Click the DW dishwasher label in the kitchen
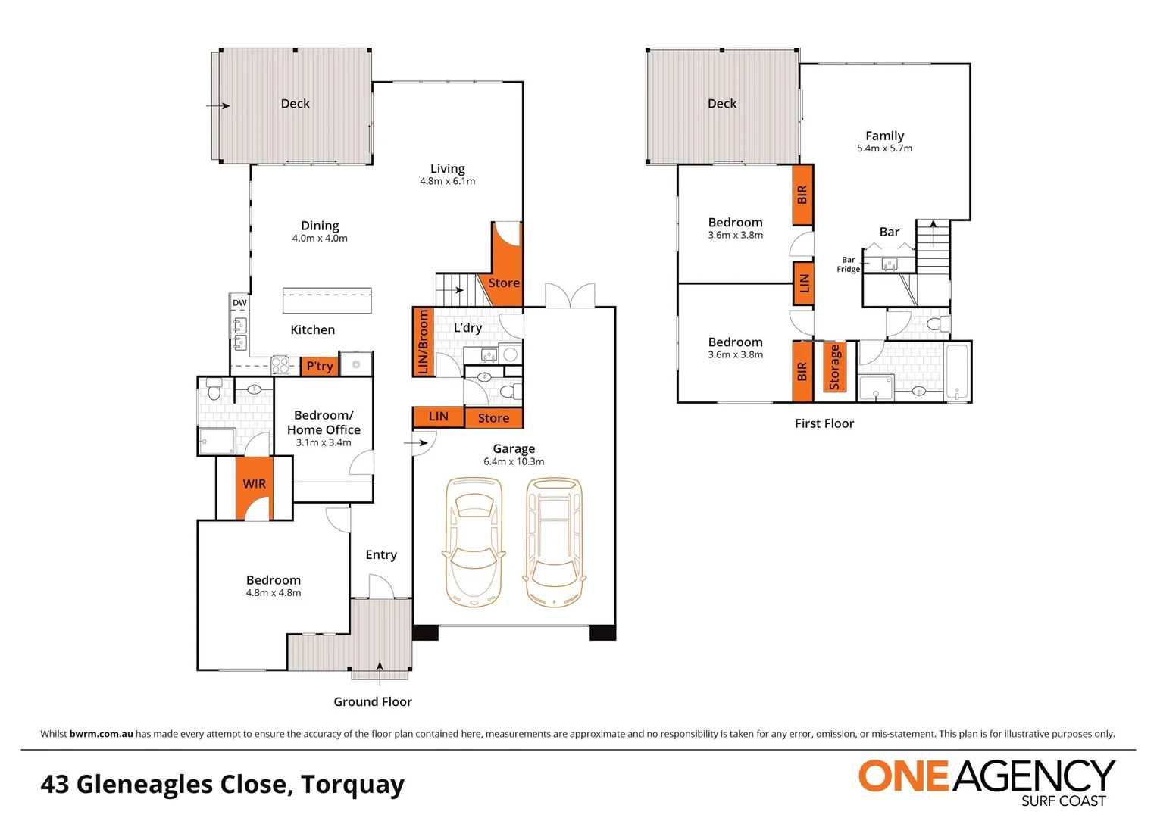(239, 303)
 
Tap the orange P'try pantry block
(320, 366)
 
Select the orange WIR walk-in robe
(254, 488)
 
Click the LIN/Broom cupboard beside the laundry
(423, 342)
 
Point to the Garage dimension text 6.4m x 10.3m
(514, 461)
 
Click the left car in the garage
(473, 542)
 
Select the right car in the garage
(554, 542)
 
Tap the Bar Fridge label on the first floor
(848, 264)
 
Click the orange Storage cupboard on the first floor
(835, 367)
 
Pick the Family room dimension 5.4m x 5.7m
(885, 148)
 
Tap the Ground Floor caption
(373, 701)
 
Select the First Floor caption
(824, 423)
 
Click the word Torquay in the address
(353, 785)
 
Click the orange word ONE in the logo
(904, 776)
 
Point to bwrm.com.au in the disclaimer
(102, 734)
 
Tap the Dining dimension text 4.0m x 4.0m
(320, 238)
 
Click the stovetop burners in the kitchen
(280, 366)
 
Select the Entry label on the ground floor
(381, 554)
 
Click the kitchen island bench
(327, 301)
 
